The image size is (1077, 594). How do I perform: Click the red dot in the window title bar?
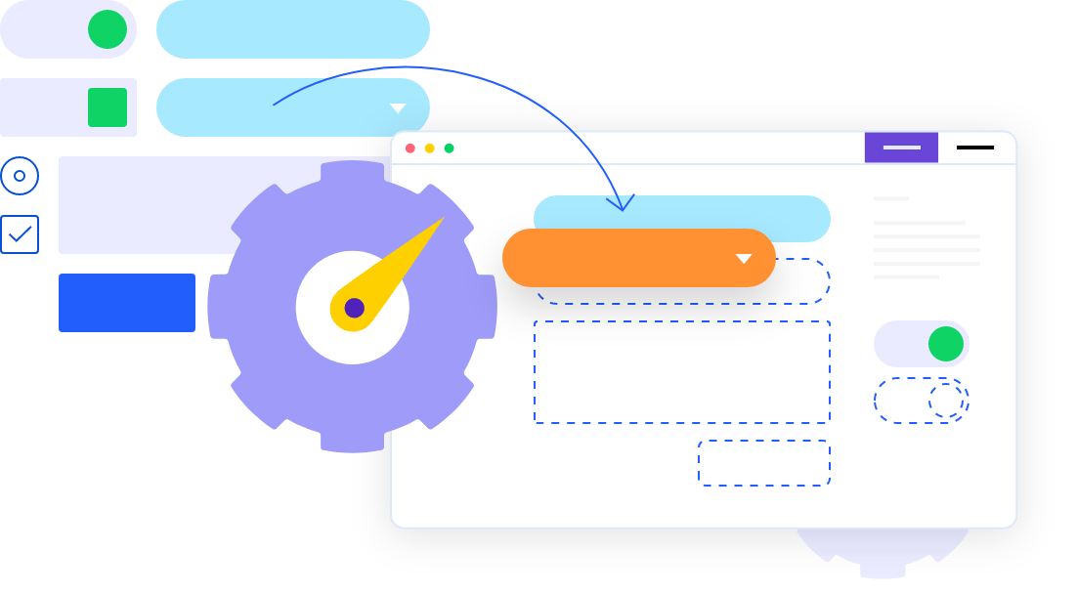point(410,148)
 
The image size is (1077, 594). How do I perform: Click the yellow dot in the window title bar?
point(430,148)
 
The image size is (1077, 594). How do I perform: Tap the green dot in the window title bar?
point(450,148)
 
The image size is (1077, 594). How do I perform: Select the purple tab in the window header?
point(901,148)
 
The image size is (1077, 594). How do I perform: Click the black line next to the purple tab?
point(975,148)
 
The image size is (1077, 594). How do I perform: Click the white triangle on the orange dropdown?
point(744,259)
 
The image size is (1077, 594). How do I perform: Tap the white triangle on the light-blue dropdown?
point(398,108)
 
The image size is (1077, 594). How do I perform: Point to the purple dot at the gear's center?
point(354,308)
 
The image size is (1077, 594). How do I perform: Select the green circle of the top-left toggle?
point(108,29)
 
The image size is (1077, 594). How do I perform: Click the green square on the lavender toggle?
point(108,107)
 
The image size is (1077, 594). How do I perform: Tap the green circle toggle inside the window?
point(946,344)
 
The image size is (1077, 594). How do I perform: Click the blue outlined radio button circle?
point(20,176)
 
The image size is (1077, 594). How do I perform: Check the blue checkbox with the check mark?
point(20,234)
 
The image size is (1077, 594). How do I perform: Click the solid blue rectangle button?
point(127,303)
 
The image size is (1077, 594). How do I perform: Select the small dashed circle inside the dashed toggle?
point(946,401)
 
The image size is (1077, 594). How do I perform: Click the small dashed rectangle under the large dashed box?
point(764,463)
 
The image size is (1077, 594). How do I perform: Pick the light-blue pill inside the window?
point(682,217)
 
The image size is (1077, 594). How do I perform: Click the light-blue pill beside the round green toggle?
point(293,29)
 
